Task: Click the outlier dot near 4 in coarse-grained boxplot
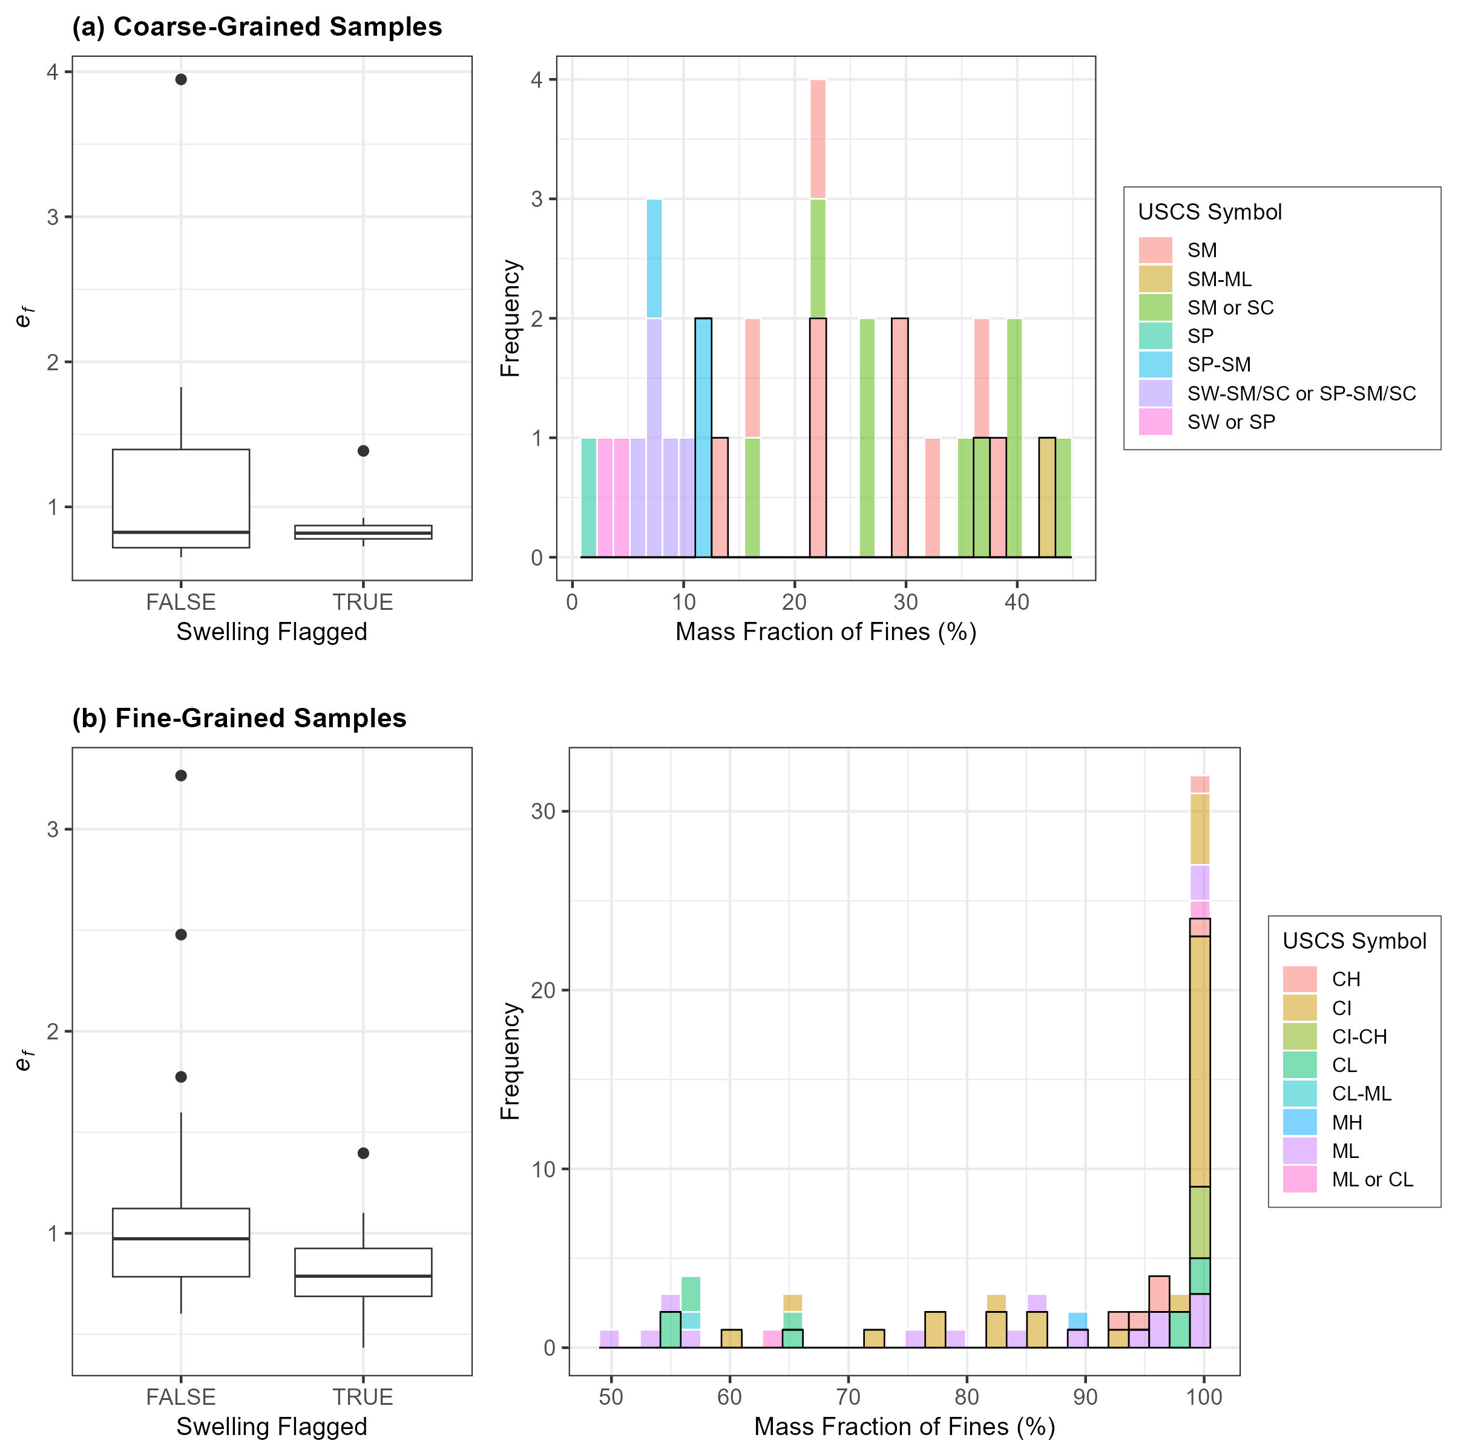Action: pos(181,79)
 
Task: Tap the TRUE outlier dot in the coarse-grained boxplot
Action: pos(363,450)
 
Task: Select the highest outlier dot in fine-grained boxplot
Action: pos(181,776)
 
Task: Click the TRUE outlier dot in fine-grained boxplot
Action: pos(363,1153)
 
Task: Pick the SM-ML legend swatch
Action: pos(1155,279)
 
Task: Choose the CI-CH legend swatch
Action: pos(1299,1036)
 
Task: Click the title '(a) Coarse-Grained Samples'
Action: pos(257,27)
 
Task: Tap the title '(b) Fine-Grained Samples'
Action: pos(239,718)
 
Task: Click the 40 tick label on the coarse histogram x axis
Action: pos(1017,602)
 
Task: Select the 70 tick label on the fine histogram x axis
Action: pos(849,1397)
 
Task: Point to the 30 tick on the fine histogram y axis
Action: pos(543,812)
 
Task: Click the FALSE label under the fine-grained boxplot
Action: pos(181,1397)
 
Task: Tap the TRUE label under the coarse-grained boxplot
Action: pos(363,602)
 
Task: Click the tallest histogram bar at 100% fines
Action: pos(1200,1056)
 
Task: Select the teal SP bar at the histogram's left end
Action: pos(589,498)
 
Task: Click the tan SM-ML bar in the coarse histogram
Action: pos(1046,498)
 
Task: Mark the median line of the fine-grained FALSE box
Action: pos(181,1238)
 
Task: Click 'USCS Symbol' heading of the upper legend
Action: pos(1210,212)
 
